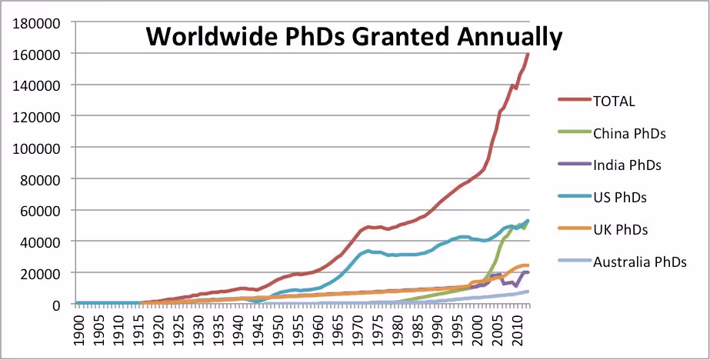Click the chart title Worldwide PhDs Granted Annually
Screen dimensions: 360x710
(x=355, y=36)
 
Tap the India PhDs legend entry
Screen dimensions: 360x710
(x=628, y=164)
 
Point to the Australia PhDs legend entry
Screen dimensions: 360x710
(x=640, y=262)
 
